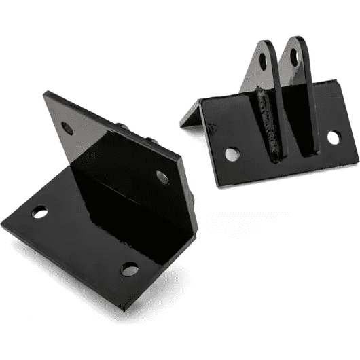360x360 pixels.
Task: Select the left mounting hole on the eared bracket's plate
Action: click(x=231, y=154)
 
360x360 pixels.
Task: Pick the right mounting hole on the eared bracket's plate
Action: click(x=333, y=137)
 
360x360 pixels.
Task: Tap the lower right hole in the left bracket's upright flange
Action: click(x=162, y=178)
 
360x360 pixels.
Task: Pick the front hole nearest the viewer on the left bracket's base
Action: click(x=128, y=268)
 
